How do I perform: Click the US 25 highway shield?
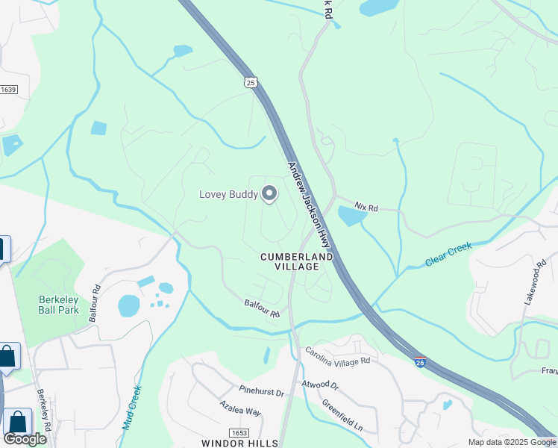251,81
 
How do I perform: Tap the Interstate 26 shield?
420,361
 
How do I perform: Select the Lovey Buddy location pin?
269,194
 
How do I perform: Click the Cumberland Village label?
296,261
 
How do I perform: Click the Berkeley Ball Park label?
59,305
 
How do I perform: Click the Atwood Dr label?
320,385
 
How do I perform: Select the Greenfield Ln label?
342,416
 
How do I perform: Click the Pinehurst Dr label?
262,391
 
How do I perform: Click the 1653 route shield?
239,432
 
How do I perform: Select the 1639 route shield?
8,90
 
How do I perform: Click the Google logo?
25,438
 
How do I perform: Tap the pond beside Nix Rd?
351,217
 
